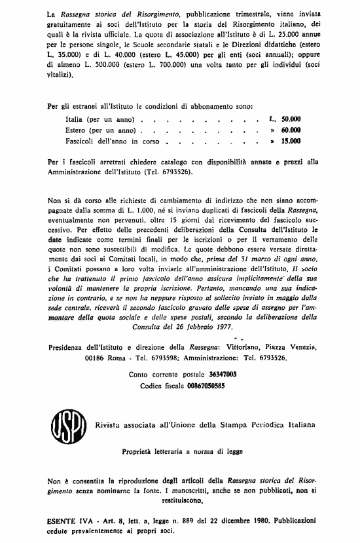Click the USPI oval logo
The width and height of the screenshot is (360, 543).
click(x=63, y=424)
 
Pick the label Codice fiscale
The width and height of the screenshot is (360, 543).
click(x=161, y=386)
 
